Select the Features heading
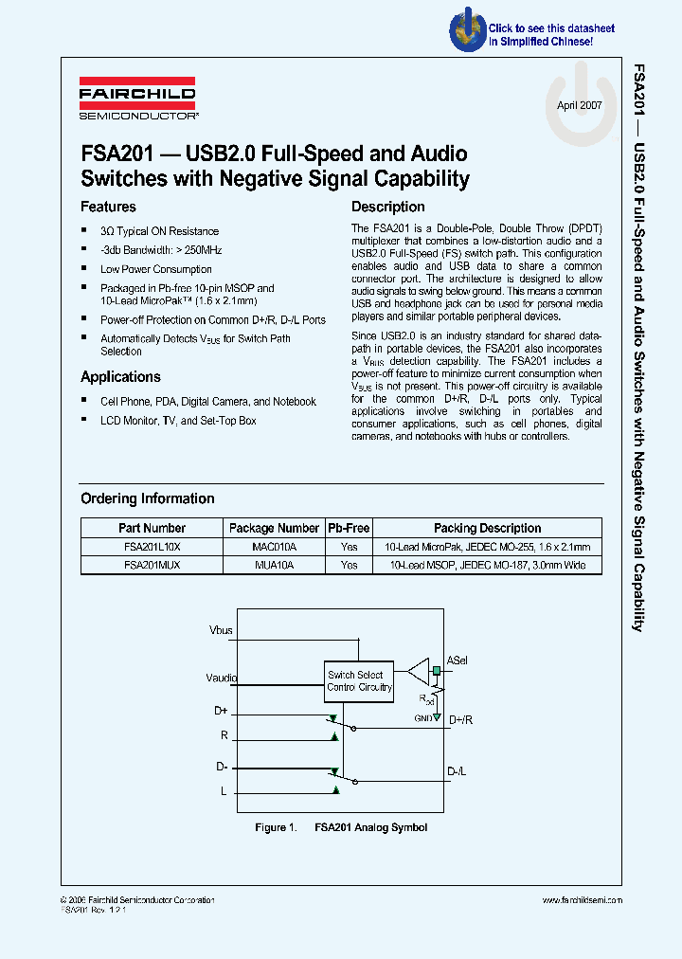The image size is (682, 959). tap(108, 207)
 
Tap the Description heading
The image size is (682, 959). tap(387, 207)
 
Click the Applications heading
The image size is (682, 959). tap(120, 376)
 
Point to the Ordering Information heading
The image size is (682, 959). tap(147, 498)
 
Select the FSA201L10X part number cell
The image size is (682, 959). tap(152, 547)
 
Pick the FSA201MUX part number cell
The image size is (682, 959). tap(152, 565)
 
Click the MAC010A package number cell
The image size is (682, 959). tap(275, 547)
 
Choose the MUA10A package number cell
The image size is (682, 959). tap(275, 565)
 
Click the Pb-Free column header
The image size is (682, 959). tap(349, 528)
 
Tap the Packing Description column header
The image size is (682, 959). tap(487, 528)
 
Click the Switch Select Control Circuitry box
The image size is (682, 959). tap(359, 681)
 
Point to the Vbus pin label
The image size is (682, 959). tap(221, 629)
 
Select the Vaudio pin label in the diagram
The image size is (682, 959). tap(222, 679)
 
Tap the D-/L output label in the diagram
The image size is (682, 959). tap(457, 771)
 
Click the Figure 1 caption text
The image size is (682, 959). tap(341, 827)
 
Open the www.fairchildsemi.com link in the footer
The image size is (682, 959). tap(582, 900)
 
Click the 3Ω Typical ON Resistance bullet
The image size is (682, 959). tap(159, 231)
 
